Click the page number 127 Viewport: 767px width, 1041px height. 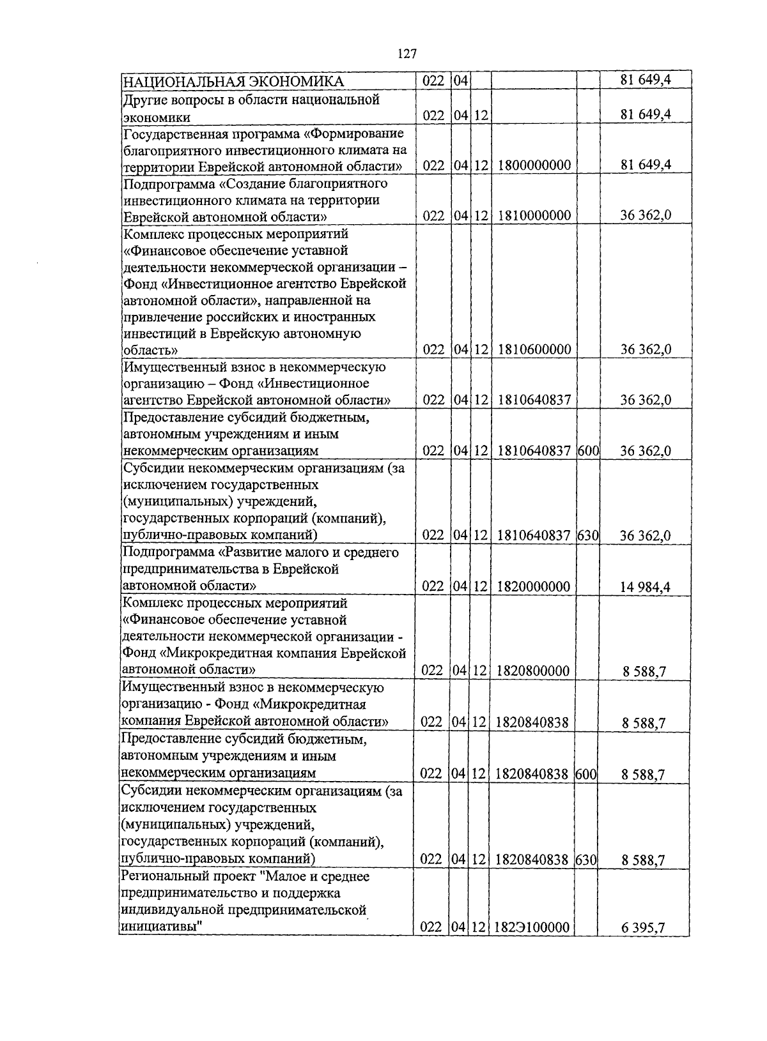pyautogui.click(x=407, y=54)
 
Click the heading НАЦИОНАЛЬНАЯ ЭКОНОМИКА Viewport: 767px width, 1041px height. pyautogui.click(x=233, y=82)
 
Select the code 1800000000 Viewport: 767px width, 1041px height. pyautogui.click(x=534, y=165)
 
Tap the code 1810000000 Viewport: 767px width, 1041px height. pyautogui.click(x=534, y=216)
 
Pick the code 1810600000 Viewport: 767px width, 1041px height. pyautogui.click(x=534, y=350)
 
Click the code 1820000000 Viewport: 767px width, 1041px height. pyautogui.click(x=533, y=587)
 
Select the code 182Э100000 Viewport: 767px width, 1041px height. pyautogui.click(x=532, y=927)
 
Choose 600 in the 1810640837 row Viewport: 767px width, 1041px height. pyautogui.click(x=588, y=451)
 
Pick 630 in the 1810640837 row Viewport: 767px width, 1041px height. pyautogui.click(x=587, y=535)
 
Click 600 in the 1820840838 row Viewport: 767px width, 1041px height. pyautogui.click(x=586, y=775)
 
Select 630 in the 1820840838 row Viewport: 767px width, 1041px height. pyautogui.click(x=586, y=860)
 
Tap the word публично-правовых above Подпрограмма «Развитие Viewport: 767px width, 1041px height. pyautogui.click(x=171, y=535)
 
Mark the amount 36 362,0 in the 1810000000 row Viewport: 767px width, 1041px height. pyautogui.click(x=646, y=216)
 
